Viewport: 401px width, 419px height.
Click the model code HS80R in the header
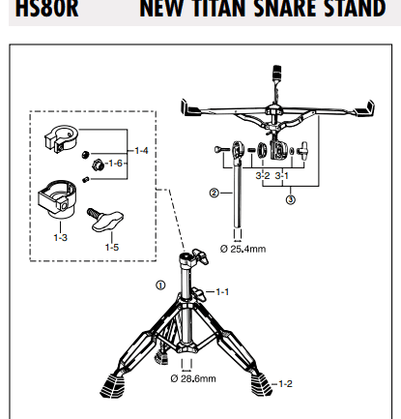(x=47, y=9)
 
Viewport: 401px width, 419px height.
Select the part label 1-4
(x=141, y=151)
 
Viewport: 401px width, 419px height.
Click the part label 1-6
(x=116, y=164)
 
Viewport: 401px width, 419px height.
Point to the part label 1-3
(x=61, y=238)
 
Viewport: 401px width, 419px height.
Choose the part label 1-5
(x=112, y=248)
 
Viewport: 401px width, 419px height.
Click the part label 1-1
(x=222, y=292)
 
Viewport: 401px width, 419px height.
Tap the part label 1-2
(x=285, y=384)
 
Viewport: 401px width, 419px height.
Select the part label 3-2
(x=263, y=176)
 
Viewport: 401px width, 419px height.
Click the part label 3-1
(x=282, y=176)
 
